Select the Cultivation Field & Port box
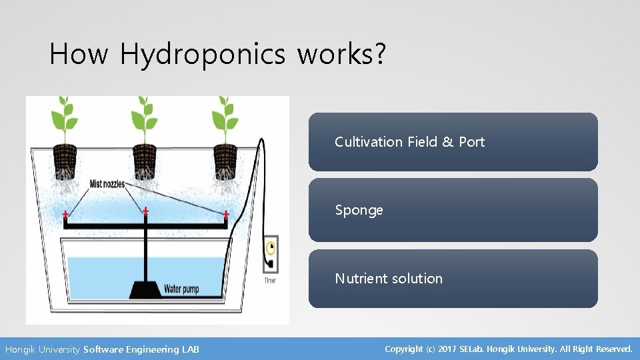coord(453,142)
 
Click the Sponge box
coord(453,210)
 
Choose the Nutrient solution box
coord(453,279)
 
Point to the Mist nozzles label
coord(107,183)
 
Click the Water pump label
coord(181,289)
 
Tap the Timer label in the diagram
coord(269,281)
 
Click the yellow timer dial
coord(270,248)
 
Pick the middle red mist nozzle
coord(145,211)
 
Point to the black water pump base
coord(145,290)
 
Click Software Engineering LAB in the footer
coord(141,349)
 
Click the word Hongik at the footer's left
coord(21,349)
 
